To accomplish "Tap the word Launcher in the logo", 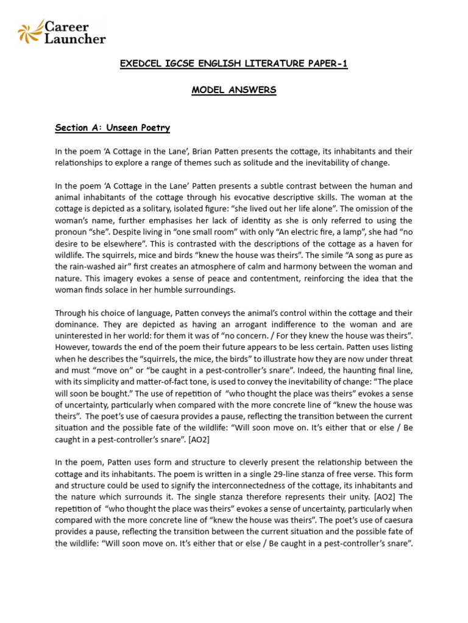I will click(x=76, y=39).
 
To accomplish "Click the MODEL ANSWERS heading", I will click(x=234, y=90).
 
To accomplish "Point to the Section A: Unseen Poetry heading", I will click(x=112, y=128).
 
